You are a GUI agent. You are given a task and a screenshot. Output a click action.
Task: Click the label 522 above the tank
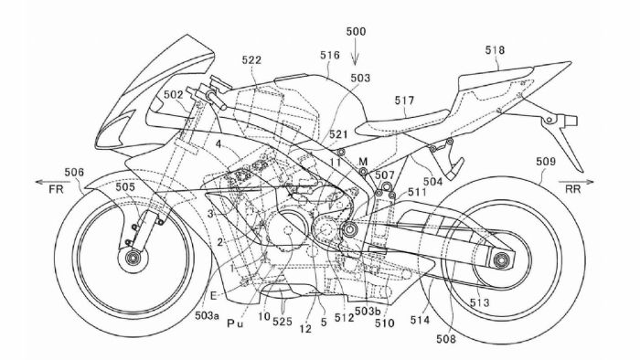point(253,59)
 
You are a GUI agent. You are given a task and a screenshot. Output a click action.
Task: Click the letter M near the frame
point(364,161)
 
